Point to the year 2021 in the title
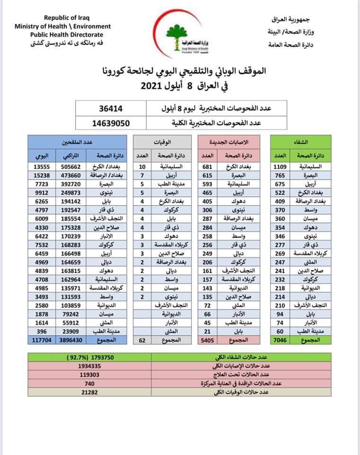point(155,87)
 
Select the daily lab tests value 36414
point(111,109)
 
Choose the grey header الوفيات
point(162,141)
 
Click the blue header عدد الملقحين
point(77,141)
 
